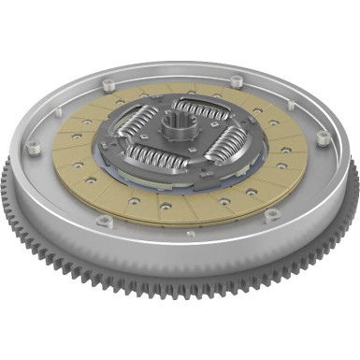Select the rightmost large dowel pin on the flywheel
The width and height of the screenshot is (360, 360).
[x=323, y=137]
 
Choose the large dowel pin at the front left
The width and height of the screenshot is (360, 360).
[x=104, y=222]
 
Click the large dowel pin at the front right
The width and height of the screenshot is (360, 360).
[x=272, y=216]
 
